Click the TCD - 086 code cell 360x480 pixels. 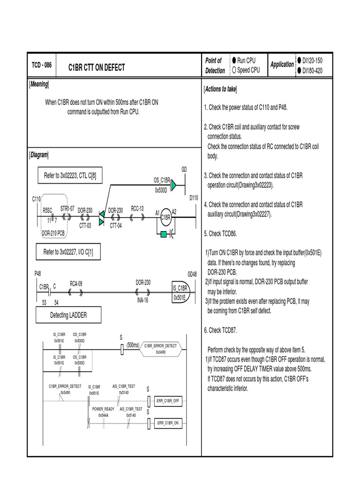(41, 65)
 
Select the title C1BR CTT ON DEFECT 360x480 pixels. (97, 67)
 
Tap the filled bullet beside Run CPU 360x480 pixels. (233, 60)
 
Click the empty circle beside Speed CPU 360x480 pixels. (233, 70)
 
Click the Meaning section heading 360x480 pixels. (39, 84)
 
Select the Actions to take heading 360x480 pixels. (220, 89)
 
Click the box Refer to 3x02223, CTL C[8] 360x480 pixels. (70, 175)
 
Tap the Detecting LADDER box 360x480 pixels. (68, 315)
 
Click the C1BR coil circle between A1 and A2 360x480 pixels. (165, 217)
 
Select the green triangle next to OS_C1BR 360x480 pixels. (173, 186)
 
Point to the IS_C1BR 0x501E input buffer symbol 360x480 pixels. (180, 293)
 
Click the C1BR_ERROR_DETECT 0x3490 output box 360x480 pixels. (160, 348)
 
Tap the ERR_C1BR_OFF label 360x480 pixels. (167, 401)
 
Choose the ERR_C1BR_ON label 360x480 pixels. (167, 423)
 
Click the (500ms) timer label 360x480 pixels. (133, 345)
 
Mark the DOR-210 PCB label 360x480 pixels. (53, 232)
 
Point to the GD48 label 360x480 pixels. (192, 274)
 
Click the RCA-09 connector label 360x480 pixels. (76, 283)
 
